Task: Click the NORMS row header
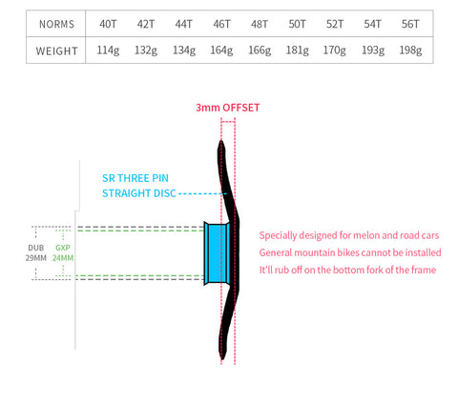pos(56,24)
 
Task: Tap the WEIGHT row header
pos(56,50)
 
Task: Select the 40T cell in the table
pos(108,24)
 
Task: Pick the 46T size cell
pos(221,24)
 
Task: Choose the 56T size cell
pos(410,24)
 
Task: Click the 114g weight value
pos(108,50)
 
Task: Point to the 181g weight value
pos(297,50)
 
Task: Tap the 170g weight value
pos(335,50)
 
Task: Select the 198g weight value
pos(410,50)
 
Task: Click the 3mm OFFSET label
pos(228,108)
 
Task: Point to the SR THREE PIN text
pos(135,178)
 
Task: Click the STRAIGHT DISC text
pos(139,193)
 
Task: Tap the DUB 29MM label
pos(36,252)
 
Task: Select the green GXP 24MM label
pos(63,252)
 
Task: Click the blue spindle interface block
pos(217,253)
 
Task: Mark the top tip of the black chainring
pos(221,141)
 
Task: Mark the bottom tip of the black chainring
pos(222,359)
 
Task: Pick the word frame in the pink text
pos(424,270)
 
